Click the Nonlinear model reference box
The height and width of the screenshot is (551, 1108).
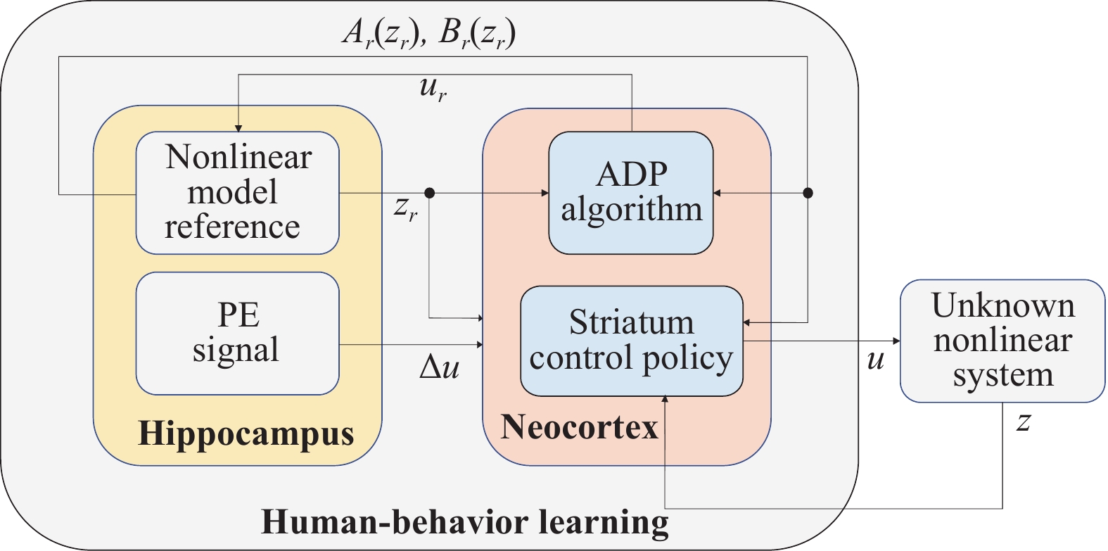tap(238, 193)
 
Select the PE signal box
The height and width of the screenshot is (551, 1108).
tap(238, 334)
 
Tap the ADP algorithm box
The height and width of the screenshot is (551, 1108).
tap(631, 193)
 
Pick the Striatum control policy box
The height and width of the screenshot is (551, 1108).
tap(632, 341)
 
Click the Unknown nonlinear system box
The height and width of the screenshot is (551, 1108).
tap(1002, 341)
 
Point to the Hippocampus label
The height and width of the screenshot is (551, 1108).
tap(246, 433)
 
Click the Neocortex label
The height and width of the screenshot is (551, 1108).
tap(579, 426)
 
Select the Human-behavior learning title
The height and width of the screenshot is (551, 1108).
tap(464, 522)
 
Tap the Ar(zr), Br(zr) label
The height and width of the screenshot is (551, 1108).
tap(429, 34)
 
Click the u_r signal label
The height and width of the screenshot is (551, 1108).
tap(433, 89)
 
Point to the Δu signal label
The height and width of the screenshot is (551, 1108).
tap(439, 368)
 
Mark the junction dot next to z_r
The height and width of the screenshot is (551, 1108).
tap(429, 193)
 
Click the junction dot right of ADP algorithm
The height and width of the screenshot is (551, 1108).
tap(808, 193)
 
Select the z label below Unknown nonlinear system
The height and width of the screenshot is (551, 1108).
tap(1024, 423)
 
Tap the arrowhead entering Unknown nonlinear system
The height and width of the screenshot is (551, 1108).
tap(896, 341)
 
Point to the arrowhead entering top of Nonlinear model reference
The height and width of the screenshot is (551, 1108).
tap(238, 128)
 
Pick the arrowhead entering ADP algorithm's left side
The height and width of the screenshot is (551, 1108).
tap(545, 193)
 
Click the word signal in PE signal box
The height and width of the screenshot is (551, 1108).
tap(236, 350)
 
